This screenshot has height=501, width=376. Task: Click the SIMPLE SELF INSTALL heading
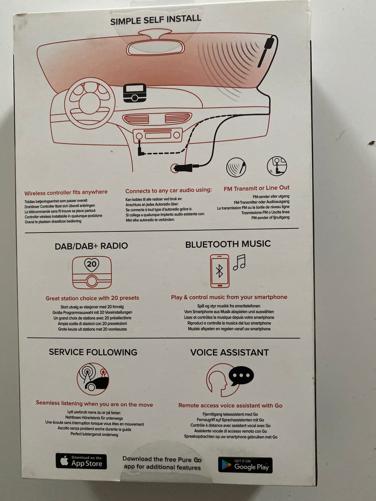tap(155, 20)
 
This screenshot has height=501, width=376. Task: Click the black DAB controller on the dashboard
tap(135, 93)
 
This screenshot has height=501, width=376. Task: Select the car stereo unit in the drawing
tap(157, 135)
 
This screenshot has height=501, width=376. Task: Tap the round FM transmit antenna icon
tap(236, 167)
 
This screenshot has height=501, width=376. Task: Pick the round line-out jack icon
tap(277, 166)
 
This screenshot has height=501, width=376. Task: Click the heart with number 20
tap(92, 265)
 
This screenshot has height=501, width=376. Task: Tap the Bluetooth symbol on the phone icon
tap(219, 271)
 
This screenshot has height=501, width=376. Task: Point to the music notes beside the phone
tap(239, 262)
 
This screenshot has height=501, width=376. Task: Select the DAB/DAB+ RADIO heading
tap(91, 246)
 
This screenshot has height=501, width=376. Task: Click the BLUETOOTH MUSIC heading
tap(228, 244)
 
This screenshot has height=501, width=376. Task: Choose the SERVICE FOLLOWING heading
tap(93, 352)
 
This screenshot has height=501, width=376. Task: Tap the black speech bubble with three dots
tap(241, 376)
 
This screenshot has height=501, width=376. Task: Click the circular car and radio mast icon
tap(93, 379)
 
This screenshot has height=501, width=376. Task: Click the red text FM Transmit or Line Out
tap(257, 188)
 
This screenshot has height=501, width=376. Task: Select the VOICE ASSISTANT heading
tap(230, 353)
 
